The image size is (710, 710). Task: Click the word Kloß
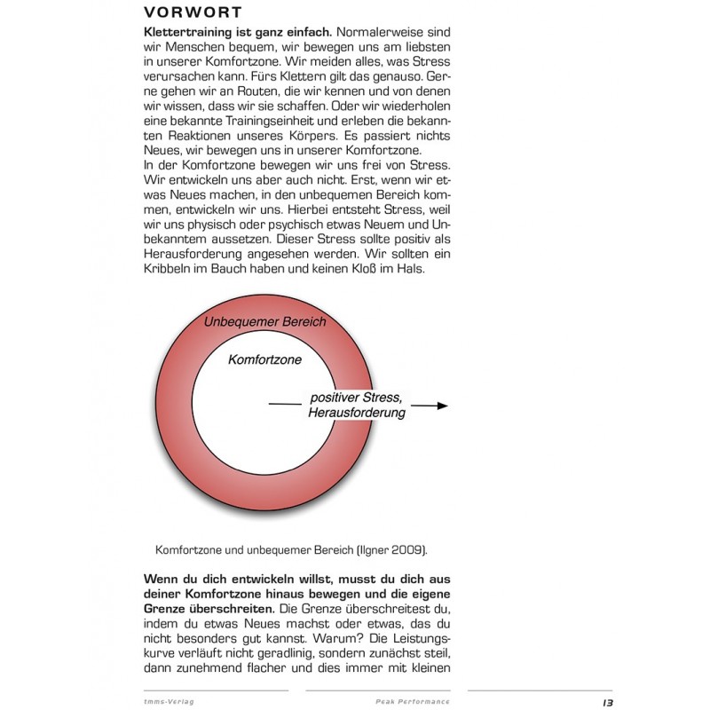click(x=386, y=270)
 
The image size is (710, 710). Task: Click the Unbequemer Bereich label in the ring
click(x=264, y=321)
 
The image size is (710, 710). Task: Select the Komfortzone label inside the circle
click(x=264, y=360)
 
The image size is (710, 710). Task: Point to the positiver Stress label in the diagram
click(x=355, y=398)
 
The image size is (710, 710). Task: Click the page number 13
click(x=607, y=701)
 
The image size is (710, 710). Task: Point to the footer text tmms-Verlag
click(x=170, y=701)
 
